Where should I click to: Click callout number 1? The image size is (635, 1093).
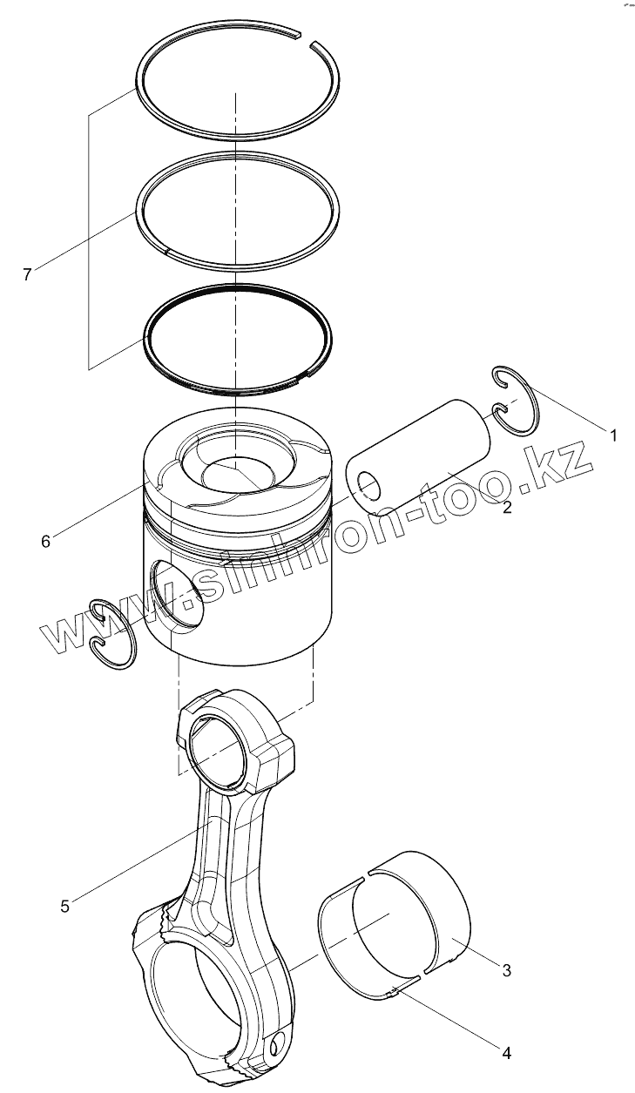(x=612, y=434)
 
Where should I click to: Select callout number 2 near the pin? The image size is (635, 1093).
(x=507, y=507)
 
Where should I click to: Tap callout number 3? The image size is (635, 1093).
(x=506, y=968)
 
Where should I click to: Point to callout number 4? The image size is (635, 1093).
(x=506, y=1053)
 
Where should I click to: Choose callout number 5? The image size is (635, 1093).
(x=65, y=906)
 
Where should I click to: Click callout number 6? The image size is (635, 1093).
(x=45, y=541)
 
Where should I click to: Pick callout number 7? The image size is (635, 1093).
(x=27, y=274)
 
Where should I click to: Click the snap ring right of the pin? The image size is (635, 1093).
(x=515, y=399)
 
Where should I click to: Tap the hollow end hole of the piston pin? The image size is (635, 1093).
(x=368, y=484)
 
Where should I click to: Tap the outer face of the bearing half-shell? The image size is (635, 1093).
(x=436, y=906)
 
